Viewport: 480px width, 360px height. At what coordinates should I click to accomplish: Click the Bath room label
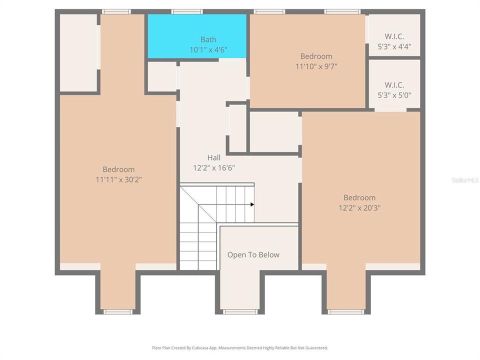point(208,39)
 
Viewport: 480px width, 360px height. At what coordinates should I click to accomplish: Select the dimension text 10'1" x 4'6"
point(208,49)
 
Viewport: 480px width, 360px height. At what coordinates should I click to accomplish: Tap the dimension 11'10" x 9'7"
point(316,66)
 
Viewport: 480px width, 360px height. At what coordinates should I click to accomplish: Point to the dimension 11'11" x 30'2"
point(118,179)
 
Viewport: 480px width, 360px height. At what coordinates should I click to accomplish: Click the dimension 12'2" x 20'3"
point(359,207)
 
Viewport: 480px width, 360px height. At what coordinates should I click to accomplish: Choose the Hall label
point(214,157)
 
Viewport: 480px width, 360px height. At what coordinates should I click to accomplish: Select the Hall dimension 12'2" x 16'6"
point(214,167)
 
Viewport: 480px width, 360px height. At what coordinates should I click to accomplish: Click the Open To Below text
point(253,254)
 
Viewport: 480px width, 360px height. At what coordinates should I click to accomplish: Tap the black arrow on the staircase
point(252,204)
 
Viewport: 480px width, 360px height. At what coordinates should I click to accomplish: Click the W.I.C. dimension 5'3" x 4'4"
point(394,46)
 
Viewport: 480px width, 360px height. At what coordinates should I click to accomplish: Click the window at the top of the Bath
point(187,11)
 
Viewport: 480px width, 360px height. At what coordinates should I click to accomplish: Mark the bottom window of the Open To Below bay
point(240,311)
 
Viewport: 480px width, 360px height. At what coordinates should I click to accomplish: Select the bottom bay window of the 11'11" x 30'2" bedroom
point(118,311)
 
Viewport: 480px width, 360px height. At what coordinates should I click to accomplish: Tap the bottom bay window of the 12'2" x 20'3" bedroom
point(345,311)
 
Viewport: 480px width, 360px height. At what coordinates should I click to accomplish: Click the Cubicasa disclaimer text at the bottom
point(240,347)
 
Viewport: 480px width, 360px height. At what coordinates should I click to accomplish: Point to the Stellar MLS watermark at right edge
point(464,179)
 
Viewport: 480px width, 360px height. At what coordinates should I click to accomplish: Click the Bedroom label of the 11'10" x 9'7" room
point(316,56)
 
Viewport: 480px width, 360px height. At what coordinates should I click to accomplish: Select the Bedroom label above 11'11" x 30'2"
point(118,169)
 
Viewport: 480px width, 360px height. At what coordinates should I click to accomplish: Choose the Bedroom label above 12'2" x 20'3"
point(359,197)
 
